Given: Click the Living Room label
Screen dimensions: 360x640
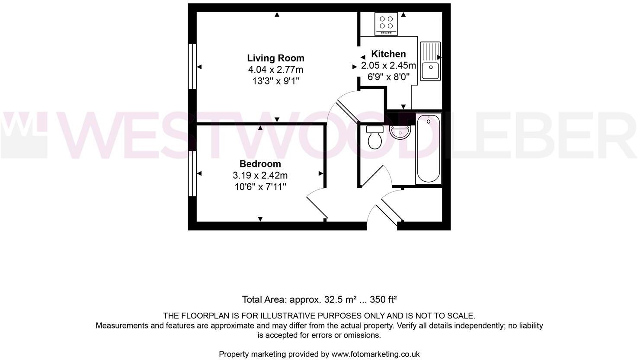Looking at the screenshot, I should (275, 58).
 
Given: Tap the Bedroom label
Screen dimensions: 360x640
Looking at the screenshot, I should (260, 164).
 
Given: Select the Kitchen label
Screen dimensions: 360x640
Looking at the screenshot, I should (388, 54).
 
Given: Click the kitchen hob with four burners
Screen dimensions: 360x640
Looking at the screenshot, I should (387, 23).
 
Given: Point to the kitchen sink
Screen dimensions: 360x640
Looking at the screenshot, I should (430, 61).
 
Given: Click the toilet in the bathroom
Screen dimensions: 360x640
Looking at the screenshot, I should (374, 136).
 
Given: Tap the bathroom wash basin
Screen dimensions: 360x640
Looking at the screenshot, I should (400, 132).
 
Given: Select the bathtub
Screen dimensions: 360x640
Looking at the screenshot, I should (428, 148).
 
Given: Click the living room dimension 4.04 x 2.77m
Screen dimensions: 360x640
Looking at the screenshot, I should (275, 70).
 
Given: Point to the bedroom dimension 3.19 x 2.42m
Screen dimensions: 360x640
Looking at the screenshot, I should (260, 176).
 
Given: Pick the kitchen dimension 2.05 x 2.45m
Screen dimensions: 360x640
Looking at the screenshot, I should (388, 66).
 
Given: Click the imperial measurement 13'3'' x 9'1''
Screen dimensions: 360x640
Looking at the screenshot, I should (275, 81).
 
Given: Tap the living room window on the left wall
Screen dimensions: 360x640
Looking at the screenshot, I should (192, 66).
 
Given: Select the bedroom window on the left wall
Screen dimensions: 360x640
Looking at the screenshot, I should (192, 173).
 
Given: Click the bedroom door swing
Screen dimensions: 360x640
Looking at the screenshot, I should (318, 203).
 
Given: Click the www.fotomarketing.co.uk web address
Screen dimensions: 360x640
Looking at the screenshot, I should (375, 354).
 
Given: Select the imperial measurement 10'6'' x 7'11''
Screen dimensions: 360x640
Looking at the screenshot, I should (260, 187).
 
